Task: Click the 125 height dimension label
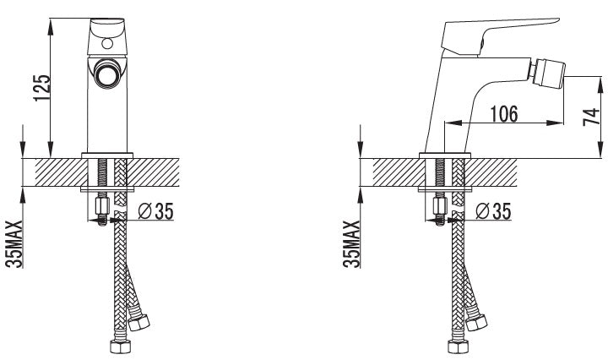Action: pos(42,88)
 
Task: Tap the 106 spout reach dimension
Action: pos(503,114)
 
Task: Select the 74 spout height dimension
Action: pos(591,117)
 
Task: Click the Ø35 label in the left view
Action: pos(156,211)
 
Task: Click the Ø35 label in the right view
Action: pos(493,211)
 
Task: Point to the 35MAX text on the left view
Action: pos(14,244)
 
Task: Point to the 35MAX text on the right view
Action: pos(352,244)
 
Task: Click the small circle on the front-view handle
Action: pos(107,43)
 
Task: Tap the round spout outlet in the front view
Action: pos(106,74)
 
